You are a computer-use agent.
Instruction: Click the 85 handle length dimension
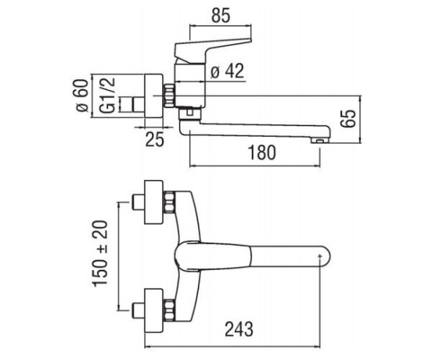coord(221,16)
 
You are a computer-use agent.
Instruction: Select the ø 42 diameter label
coord(227,70)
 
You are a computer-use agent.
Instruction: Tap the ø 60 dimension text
coord(82,95)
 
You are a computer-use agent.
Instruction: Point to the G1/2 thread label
coord(107,95)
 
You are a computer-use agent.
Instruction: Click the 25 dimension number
coord(154,139)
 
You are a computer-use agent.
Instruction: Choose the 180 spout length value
coord(261,153)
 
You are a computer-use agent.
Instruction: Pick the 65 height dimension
coord(347,119)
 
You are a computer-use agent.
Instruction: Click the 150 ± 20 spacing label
coord(99,254)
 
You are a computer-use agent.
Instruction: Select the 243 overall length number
coord(239,329)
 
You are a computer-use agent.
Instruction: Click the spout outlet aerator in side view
coord(319,141)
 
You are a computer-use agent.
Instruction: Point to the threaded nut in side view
coord(169,95)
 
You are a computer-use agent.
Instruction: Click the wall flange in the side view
coord(153,95)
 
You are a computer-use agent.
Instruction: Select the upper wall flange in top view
coord(153,202)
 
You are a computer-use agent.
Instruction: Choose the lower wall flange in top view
coord(153,311)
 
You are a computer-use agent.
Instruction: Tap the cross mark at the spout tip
coord(319,257)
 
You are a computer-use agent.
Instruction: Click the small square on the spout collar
coord(189,112)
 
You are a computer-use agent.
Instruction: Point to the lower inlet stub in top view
coord(139,311)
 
